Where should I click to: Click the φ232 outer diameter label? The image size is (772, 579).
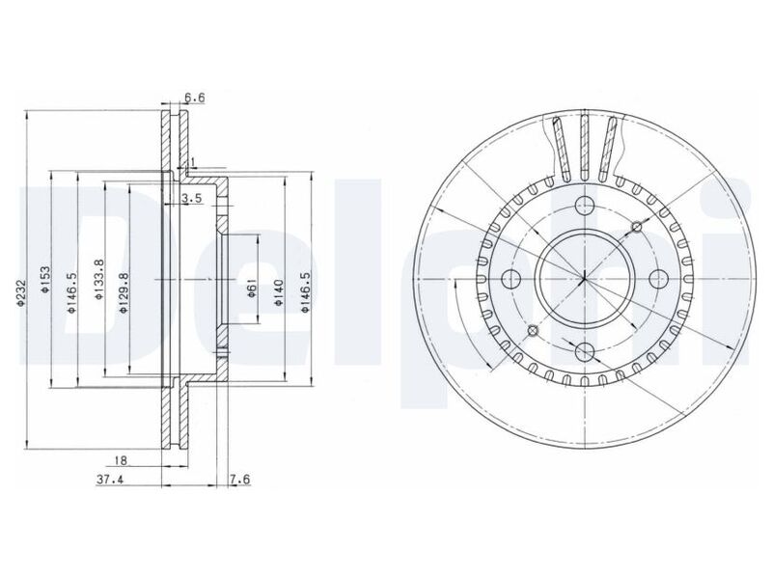pyautogui.click(x=20, y=293)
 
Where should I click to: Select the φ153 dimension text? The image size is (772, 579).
pyautogui.click(x=45, y=280)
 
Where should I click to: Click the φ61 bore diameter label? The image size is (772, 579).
pyautogui.click(x=251, y=288)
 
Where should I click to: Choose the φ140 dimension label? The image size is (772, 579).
pyautogui.click(x=279, y=293)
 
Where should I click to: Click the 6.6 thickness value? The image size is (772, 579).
pyautogui.click(x=195, y=98)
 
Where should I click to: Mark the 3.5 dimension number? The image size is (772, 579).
pyautogui.click(x=191, y=199)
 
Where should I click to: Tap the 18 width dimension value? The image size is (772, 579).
pyautogui.click(x=121, y=460)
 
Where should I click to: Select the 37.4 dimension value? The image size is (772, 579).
pyautogui.click(x=109, y=480)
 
